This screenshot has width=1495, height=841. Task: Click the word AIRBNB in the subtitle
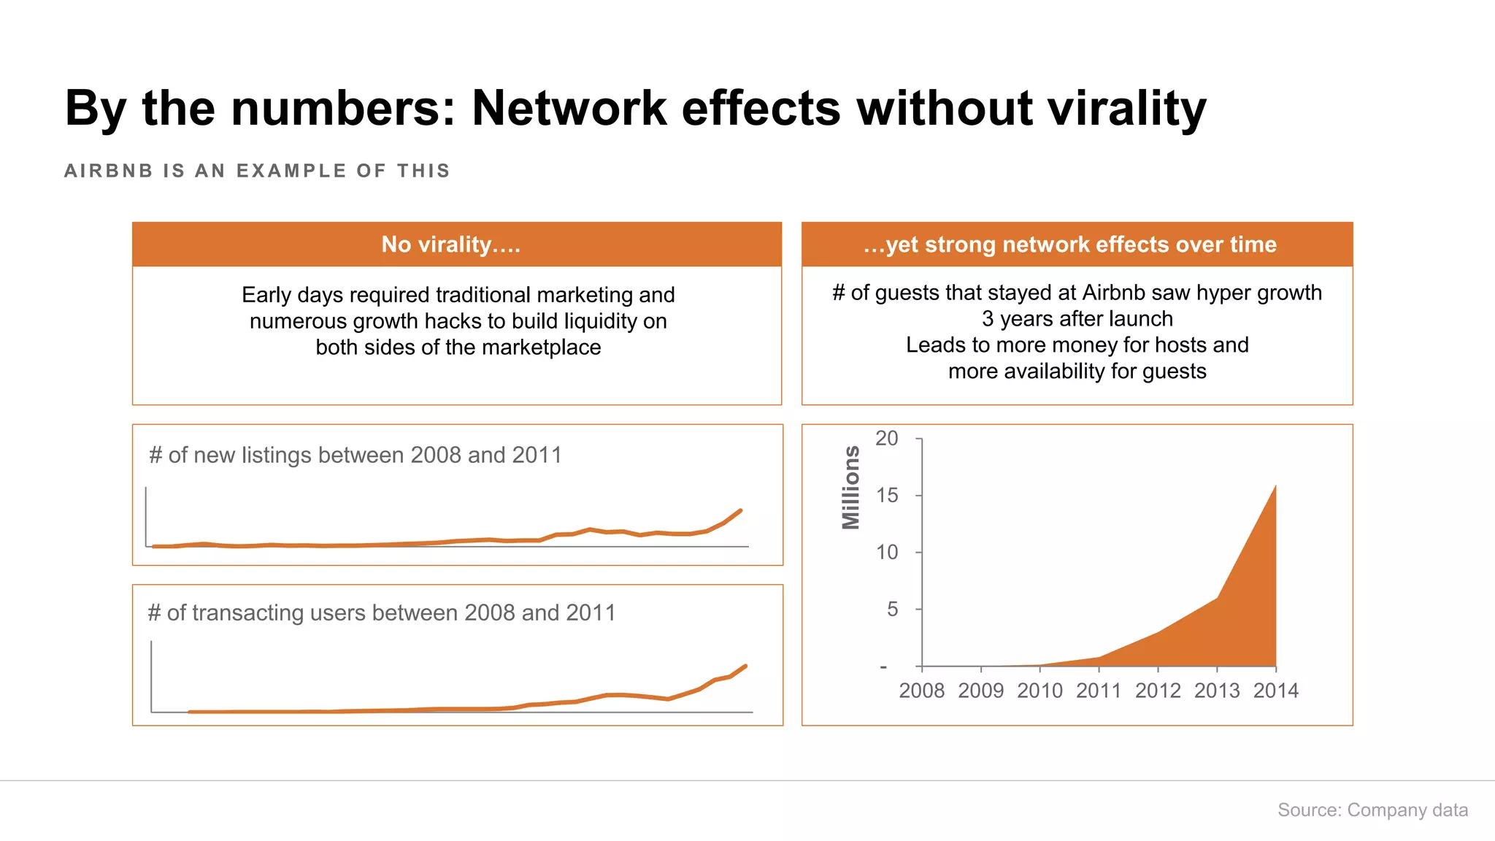[108, 171]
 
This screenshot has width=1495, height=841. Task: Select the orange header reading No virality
[456, 245]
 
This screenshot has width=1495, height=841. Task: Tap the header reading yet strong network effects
[1076, 245]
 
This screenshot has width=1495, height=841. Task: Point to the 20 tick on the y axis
[887, 438]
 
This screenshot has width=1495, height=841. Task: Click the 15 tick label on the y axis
[887, 495]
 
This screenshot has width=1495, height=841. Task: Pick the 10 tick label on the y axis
[887, 552]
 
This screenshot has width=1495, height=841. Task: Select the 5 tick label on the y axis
[892, 609]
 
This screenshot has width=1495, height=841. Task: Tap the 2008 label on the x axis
[921, 691]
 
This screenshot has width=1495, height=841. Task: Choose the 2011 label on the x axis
[1098, 691]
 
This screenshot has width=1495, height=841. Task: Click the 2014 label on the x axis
[1275, 691]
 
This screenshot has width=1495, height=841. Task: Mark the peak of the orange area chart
[1275, 486]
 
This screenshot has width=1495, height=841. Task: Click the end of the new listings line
[741, 510]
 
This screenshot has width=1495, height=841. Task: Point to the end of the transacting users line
[745, 665]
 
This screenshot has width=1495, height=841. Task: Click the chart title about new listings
[356, 455]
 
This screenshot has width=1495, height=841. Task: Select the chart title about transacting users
[382, 612]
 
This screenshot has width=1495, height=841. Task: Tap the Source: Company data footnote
[1372, 810]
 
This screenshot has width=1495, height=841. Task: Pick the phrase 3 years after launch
[1077, 319]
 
